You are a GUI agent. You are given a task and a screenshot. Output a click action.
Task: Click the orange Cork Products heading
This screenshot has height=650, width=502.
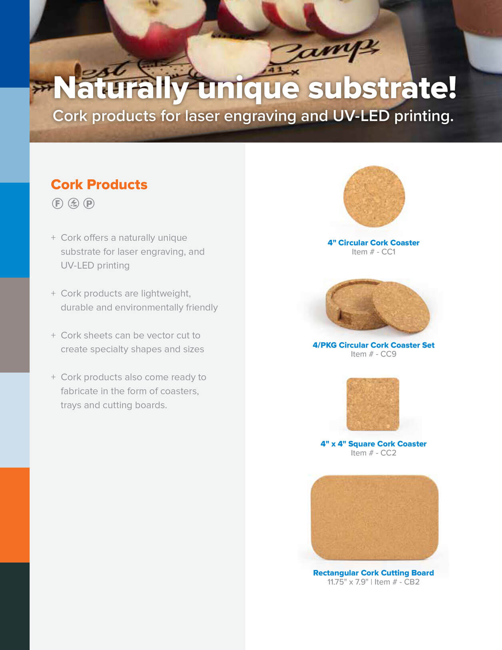(99, 184)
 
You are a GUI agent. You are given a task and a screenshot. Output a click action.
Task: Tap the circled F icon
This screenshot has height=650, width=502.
(58, 204)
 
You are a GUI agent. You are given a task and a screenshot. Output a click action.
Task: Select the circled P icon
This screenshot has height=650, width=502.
(89, 204)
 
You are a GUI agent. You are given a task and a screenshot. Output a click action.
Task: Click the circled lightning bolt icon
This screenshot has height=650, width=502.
(73, 204)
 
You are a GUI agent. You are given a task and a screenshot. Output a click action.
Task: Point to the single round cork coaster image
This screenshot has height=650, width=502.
(374, 196)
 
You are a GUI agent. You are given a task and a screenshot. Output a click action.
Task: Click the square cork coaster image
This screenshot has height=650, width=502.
(373, 404)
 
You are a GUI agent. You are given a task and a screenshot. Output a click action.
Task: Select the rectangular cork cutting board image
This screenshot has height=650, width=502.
(375, 517)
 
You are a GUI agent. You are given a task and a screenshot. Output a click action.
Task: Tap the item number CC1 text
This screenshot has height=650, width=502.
(373, 252)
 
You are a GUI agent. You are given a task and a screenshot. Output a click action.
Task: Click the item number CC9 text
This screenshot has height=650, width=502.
(373, 354)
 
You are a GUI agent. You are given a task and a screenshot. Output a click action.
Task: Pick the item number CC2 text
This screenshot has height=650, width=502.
(373, 453)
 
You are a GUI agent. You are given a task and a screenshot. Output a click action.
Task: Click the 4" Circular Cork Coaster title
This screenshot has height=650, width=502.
(373, 243)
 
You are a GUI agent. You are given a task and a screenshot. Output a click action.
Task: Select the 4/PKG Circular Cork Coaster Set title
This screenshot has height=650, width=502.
(373, 345)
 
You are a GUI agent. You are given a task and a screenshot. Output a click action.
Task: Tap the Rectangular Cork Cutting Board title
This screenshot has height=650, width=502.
(373, 573)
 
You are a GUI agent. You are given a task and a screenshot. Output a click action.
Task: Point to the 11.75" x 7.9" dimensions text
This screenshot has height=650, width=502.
(347, 582)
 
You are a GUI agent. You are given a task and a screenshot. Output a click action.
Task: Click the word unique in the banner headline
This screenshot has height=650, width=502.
(248, 88)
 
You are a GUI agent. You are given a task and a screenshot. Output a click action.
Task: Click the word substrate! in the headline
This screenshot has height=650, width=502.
(382, 88)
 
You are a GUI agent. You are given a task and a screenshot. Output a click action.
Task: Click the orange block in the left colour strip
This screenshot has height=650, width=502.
(15, 515)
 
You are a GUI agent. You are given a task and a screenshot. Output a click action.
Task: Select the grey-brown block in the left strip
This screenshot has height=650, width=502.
(15, 325)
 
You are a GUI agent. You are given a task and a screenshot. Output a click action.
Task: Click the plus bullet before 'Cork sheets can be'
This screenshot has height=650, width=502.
(53, 335)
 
